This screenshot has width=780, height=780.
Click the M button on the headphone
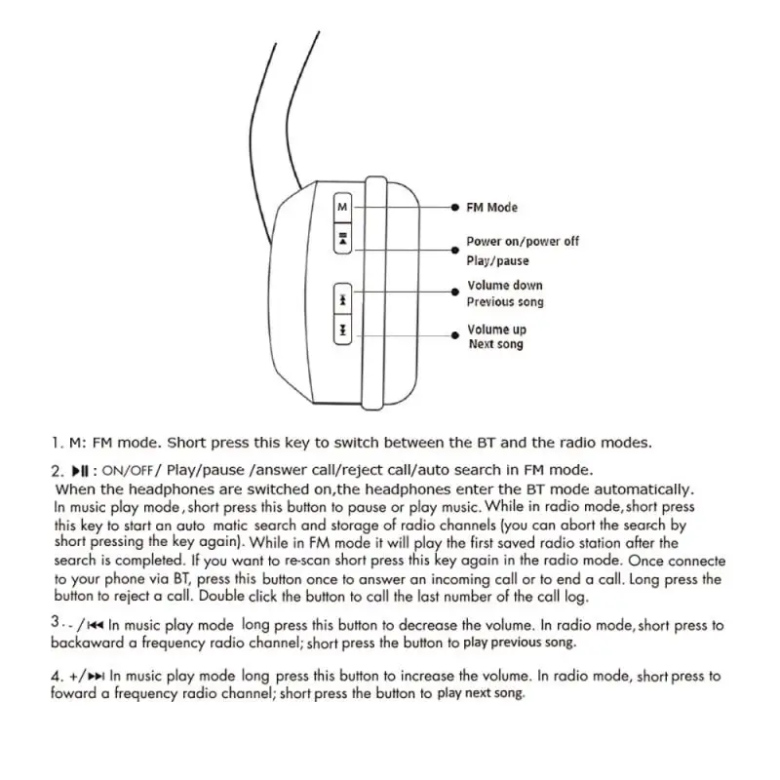(x=342, y=208)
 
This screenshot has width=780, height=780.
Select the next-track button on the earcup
(x=342, y=332)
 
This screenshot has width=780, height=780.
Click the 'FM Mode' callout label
(x=491, y=208)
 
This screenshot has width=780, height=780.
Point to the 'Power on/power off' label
(x=522, y=241)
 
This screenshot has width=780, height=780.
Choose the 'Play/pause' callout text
(x=497, y=260)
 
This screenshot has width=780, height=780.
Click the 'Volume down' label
(x=504, y=286)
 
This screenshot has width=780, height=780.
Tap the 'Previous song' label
(x=505, y=302)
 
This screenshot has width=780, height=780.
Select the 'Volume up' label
(x=496, y=330)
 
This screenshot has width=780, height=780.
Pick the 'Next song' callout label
(x=495, y=344)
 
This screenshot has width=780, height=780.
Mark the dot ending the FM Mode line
(x=455, y=208)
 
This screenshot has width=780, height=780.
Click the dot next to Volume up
(x=455, y=332)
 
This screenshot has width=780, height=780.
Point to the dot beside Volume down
(x=455, y=289)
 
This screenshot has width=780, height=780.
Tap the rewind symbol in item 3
(x=96, y=624)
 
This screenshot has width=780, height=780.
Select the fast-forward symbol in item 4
(x=97, y=675)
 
